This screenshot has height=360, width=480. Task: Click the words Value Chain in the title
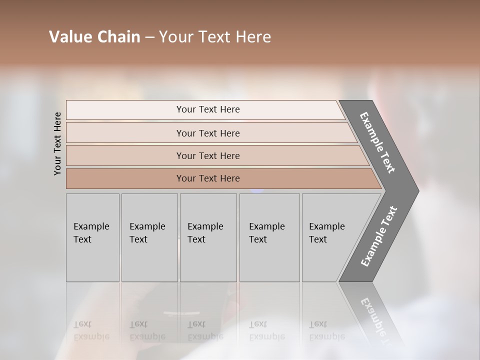[x=94, y=37]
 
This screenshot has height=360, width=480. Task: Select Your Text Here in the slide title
[x=215, y=37]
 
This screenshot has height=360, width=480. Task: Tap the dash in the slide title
[x=149, y=37]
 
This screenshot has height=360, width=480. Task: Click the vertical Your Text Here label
[x=57, y=144]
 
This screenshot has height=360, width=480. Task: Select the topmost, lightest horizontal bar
[x=207, y=109]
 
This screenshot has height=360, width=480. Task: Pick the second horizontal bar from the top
[x=207, y=133]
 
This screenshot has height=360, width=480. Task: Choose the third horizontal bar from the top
[x=207, y=155]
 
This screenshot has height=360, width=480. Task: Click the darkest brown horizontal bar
[x=207, y=178]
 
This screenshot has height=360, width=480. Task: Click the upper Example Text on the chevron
[x=377, y=142]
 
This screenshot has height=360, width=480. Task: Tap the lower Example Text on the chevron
[x=379, y=236]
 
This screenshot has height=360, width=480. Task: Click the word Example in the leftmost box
[x=91, y=226]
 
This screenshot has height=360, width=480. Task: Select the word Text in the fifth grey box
[x=318, y=239]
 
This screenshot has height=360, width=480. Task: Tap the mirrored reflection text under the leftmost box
[x=91, y=331]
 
